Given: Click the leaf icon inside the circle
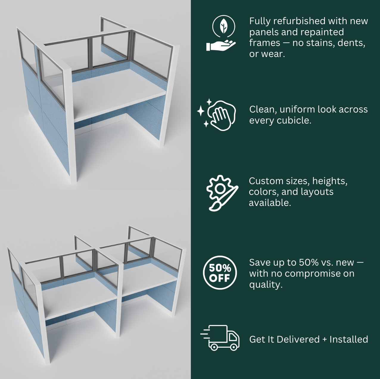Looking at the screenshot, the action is [223, 26].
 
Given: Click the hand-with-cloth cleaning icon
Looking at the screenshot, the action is [217, 115].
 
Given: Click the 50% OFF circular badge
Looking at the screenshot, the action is [220, 273].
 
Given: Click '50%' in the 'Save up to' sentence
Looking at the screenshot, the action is [309, 262].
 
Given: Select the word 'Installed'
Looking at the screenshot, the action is [349, 339].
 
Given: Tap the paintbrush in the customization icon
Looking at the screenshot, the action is [224, 199].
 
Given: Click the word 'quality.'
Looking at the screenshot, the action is [266, 285].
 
